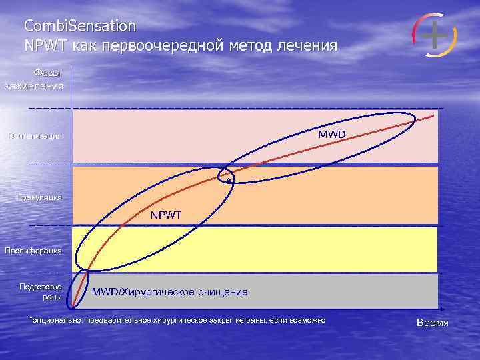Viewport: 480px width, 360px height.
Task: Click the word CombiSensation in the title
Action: click(x=79, y=27)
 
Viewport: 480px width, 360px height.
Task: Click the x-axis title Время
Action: click(x=432, y=323)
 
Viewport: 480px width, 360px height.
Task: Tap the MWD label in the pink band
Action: click(x=332, y=135)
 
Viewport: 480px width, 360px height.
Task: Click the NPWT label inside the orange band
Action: click(x=166, y=215)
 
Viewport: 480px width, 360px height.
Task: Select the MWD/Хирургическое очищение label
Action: click(x=169, y=292)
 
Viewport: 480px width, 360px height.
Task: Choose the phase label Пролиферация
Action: click(x=33, y=251)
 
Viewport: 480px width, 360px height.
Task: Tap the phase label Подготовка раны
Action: click(x=44, y=292)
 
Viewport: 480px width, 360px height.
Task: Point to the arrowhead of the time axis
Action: click(x=441, y=309)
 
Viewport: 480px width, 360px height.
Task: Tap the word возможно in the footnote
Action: click(x=307, y=321)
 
